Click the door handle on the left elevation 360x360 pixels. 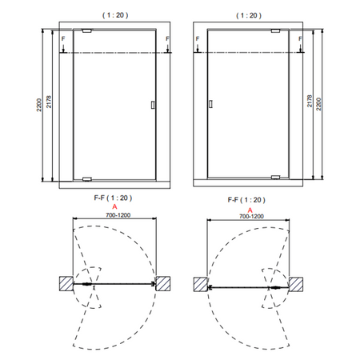click(x=153, y=105)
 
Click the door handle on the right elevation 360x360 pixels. click(x=210, y=104)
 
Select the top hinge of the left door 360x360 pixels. click(x=87, y=30)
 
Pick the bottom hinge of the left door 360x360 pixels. click(x=87, y=179)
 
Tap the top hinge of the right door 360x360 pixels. click(x=275, y=31)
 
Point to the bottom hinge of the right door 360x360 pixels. click(x=275, y=178)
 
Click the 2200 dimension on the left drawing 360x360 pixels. click(x=39, y=105)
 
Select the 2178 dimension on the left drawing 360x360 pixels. click(x=49, y=102)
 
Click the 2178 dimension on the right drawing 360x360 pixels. click(x=310, y=101)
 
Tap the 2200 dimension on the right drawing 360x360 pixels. click(x=318, y=104)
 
